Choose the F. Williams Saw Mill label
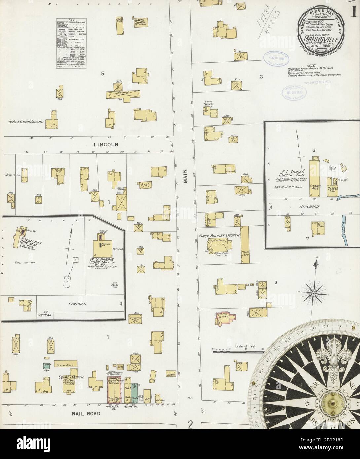coord(32,245)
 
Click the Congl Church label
coord(71,377)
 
